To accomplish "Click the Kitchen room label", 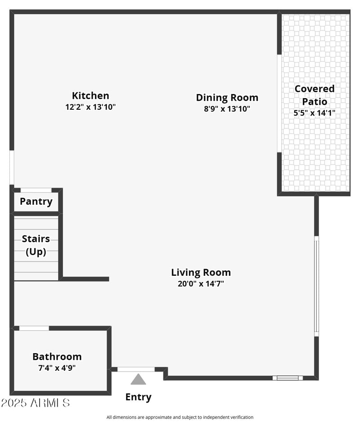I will [x=90, y=95].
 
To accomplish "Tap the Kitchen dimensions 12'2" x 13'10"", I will [x=90, y=107].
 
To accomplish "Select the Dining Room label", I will [x=227, y=97].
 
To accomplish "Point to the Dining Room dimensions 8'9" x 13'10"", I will [x=227, y=109].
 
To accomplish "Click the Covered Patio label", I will [x=315, y=95].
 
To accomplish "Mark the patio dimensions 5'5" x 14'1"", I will [x=315, y=113].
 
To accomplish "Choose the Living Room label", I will [x=201, y=272].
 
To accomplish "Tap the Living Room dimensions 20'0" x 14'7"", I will [x=201, y=284].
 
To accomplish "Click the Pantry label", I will [x=36, y=202].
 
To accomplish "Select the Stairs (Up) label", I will [x=36, y=245].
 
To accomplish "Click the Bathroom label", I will [x=57, y=357].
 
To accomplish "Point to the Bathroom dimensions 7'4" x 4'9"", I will [x=57, y=368].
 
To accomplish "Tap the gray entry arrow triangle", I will [x=138, y=380].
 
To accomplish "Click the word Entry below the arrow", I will [x=138, y=397].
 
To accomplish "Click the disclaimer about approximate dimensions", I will [x=180, y=418].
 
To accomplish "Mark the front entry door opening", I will [x=136, y=369].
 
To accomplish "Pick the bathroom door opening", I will [x=34, y=328].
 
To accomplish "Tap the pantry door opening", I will [x=36, y=190].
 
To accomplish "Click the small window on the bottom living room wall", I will [x=288, y=378].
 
